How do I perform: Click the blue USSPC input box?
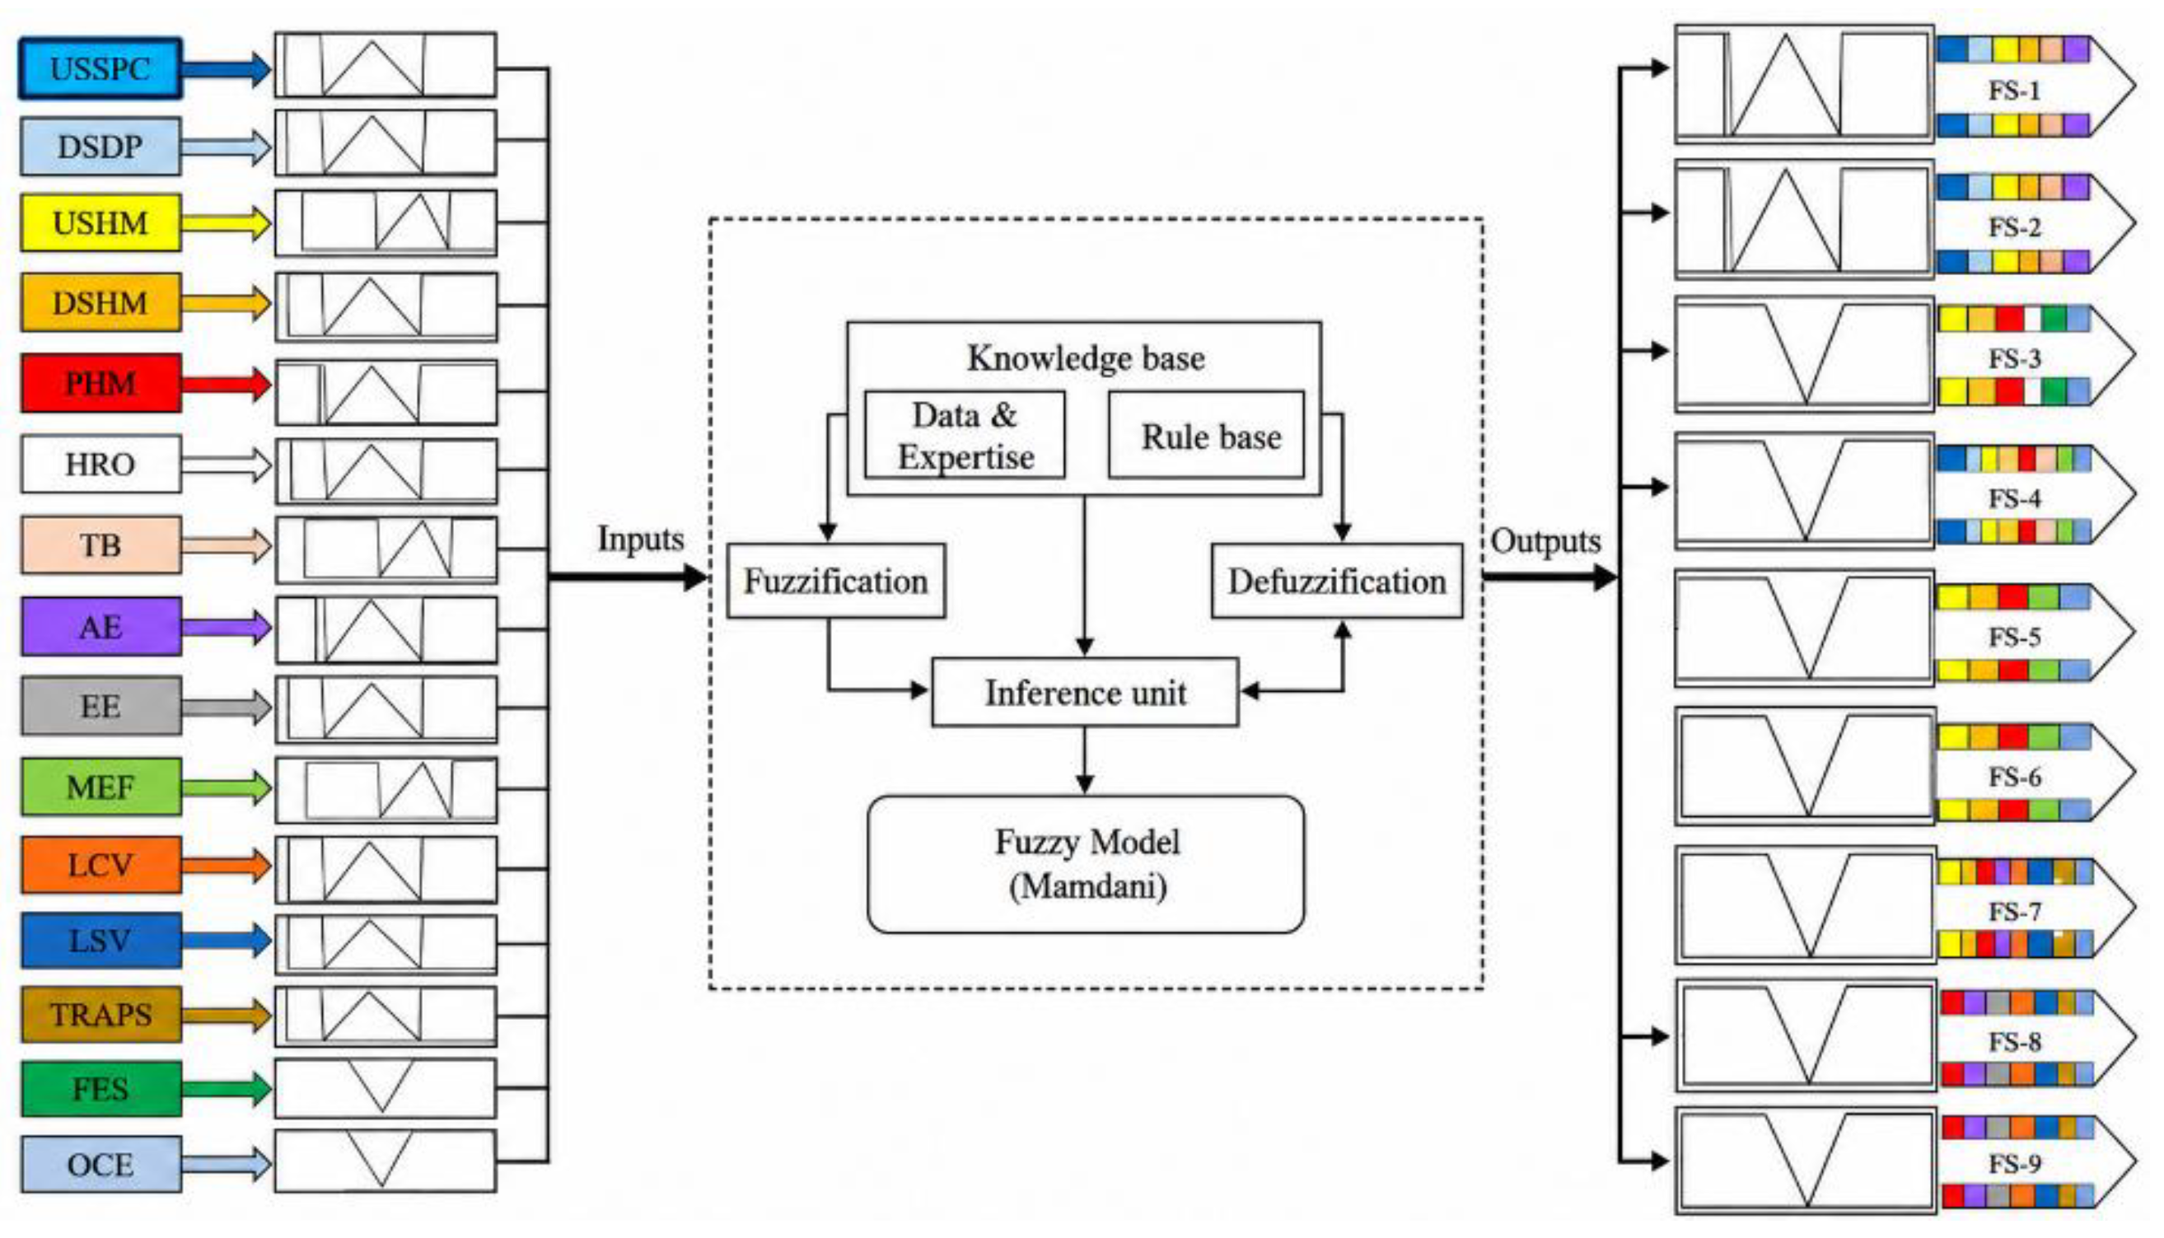pos(100,68)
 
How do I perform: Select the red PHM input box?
pos(101,383)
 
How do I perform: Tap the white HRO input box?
pos(101,464)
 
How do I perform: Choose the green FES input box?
pos(101,1088)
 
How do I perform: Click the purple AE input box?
pos(101,626)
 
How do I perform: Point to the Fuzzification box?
pos(836,581)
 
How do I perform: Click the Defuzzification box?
pos(1337,581)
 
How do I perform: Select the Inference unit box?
pos(1085,692)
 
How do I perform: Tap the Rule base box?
pos(1207,436)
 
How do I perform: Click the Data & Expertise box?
pos(965,436)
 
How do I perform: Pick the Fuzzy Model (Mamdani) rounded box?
pos(1086,864)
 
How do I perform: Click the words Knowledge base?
pos(1086,358)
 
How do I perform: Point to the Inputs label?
pos(640,539)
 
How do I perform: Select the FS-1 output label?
pos(2014,89)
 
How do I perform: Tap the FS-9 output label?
pos(2014,1162)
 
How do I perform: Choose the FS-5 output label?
pos(2014,637)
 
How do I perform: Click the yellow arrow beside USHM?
pos(227,222)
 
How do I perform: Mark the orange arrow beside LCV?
pos(227,865)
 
